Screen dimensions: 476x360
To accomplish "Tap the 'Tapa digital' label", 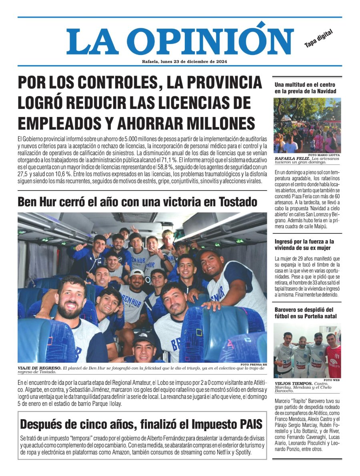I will [x=318, y=38].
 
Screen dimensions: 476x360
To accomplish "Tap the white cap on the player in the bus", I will [x=136, y=273].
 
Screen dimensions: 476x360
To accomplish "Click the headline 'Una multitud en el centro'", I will [x=305, y=85].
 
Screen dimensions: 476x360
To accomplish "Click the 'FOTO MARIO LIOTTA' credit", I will [x=325, y=155].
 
